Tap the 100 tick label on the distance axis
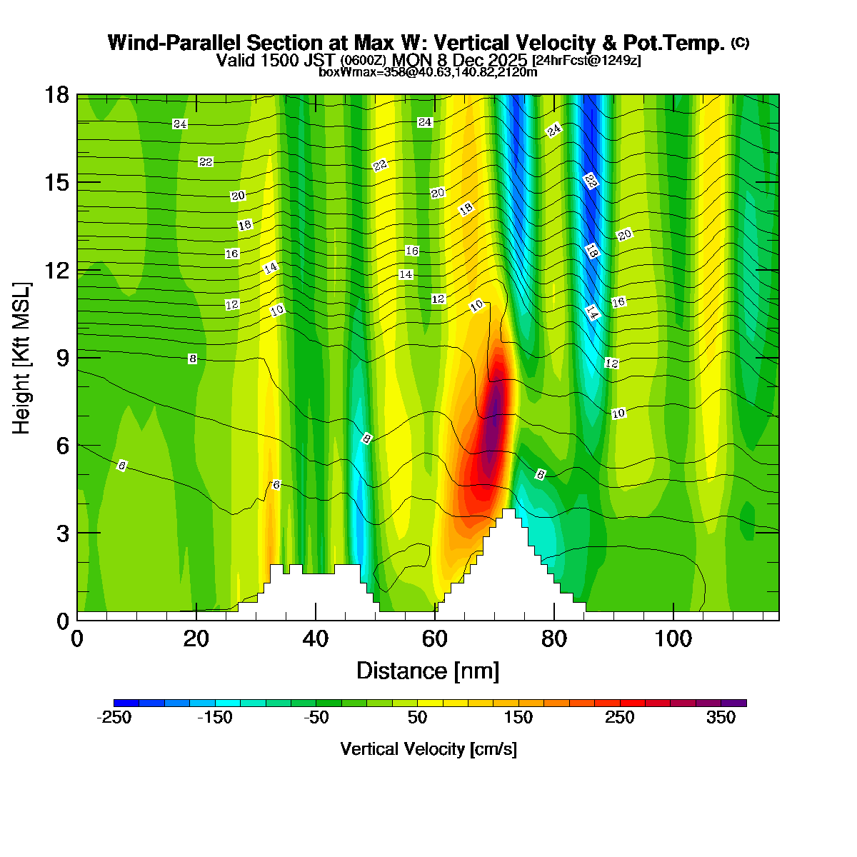point(673,638)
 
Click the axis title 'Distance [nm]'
point(427,671)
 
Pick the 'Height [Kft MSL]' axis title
point(22,357)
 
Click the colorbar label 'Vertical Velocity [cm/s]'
point(428,749)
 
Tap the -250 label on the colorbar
point(114,718)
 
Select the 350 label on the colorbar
point(721,718)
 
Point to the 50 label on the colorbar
point(417,718)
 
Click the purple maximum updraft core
point(493,421)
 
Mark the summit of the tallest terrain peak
point(508,510)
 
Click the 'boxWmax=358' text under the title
point(351,71)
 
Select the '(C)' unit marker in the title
point(740,43)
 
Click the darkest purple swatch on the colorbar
point(733,703)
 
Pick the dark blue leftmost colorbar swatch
point(126,703)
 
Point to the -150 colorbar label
point(214,718)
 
